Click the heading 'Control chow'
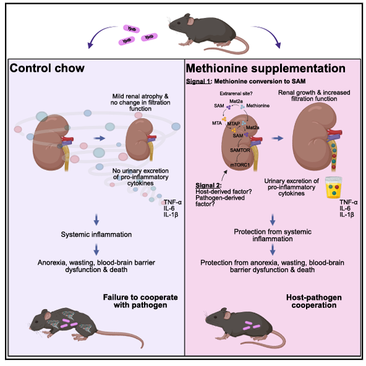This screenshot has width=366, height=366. point(47,68)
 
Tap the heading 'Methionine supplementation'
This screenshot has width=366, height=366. point(266,69)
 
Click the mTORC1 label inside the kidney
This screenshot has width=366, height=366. point(240,165)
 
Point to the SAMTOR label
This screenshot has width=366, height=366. point(240,150)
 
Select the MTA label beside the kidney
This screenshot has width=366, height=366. point(217,123)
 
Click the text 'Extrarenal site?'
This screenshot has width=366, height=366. point(236,93)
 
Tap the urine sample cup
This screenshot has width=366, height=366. point(334,187)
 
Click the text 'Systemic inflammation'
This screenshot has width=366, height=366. point(96,234)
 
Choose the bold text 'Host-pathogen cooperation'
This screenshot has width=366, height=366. point(314,301)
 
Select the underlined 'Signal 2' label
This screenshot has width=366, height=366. point(208,185)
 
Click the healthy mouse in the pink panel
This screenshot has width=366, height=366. point(245,327)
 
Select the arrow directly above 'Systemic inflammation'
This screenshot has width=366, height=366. point(96,219)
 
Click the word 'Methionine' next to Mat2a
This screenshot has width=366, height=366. point(258,106)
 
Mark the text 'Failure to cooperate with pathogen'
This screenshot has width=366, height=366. point(140,301)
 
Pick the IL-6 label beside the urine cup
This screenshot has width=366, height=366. point(345,208)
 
